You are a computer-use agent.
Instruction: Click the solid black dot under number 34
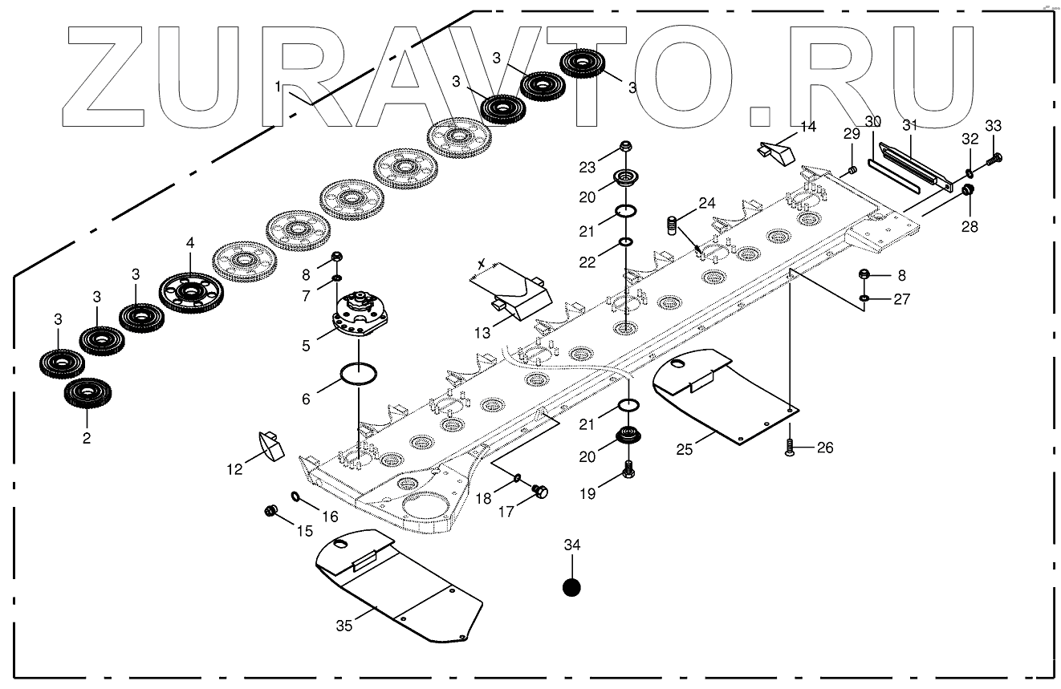point(571,587)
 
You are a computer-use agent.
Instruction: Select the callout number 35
point(344,626)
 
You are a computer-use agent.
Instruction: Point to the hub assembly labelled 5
point(359,317)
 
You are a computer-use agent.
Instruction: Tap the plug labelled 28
point(967,191)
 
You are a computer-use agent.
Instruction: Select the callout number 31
point(909,125)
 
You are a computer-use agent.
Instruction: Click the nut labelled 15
point(270,511)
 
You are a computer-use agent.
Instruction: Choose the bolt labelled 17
point(540,491)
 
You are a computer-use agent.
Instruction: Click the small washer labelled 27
point(864,299)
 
